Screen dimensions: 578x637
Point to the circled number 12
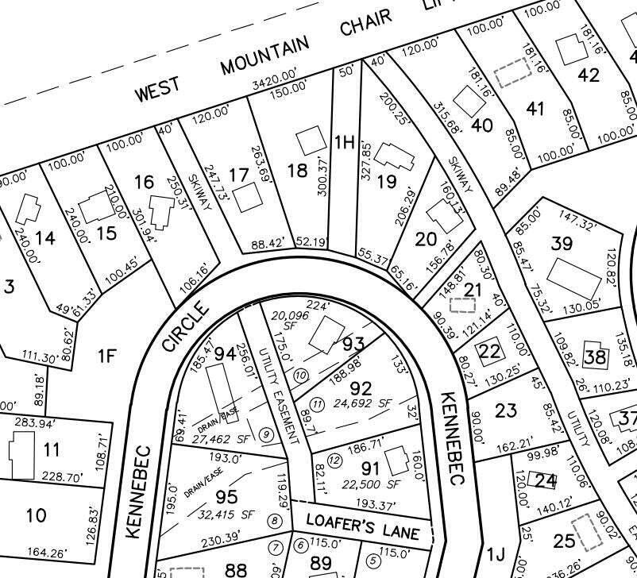334,460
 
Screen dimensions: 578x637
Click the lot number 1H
344,142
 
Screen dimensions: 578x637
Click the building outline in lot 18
311,142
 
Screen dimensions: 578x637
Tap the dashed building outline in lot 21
457,304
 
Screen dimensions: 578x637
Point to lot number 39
562,243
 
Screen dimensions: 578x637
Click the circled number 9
266,433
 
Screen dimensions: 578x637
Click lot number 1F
107,356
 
